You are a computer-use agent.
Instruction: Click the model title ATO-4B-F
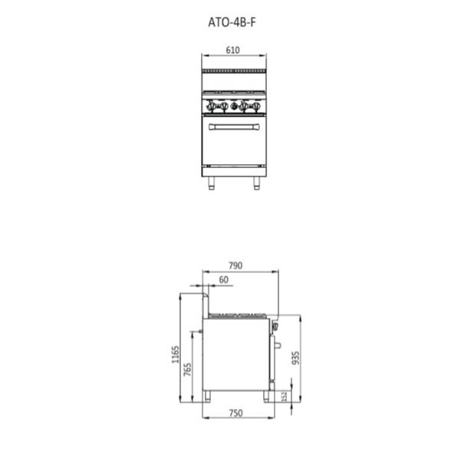tap(232, 22)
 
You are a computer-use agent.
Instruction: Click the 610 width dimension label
tap(232, 50)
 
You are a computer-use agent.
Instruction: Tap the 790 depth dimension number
tap(235, 265)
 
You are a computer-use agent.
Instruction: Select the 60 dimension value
tap(223, 280)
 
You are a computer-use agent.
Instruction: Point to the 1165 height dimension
tap(176, 354)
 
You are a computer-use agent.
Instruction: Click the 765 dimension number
tap(187, 370)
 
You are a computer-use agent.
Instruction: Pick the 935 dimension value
tap(296, 358)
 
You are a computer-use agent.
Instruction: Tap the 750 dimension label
tap(235, 413)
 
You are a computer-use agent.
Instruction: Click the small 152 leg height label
tap(284, 397)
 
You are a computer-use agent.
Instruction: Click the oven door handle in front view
tap(234, 127)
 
